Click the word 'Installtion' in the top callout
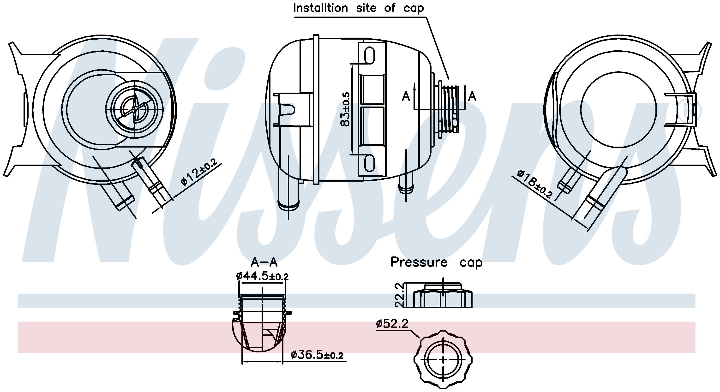click(x=320, y=8)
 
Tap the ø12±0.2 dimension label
click(x=199, y=172)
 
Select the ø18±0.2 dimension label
click(x=534, y=184)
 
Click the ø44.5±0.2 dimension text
click(x=262, y=276)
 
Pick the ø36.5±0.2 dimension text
click(x=317, y=355)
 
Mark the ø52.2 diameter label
click(x=392, y=324)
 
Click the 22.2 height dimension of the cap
click(x=399, y=295)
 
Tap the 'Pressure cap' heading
click(x=436, y=262)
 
